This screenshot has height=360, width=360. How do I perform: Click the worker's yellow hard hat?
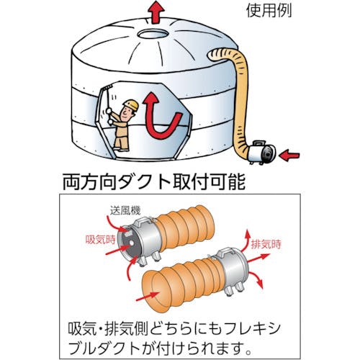point(130,106)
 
